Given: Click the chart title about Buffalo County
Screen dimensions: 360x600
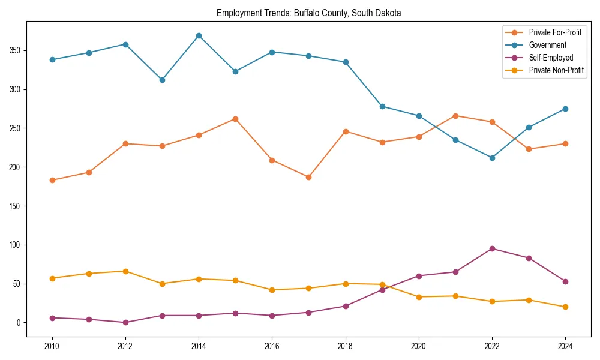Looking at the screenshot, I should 308,13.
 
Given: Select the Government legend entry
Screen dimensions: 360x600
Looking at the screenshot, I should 547,45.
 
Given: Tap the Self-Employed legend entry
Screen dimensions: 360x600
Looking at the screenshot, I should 551,58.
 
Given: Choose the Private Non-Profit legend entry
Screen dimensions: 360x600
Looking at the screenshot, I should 556,70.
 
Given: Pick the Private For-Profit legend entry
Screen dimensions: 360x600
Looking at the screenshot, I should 555,32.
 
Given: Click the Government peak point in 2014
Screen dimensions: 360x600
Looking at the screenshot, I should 199,36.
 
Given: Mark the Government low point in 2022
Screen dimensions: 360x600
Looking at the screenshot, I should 492,158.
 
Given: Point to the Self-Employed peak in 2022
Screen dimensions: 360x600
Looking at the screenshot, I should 492,248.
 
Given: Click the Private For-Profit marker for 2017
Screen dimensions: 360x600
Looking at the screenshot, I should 308,177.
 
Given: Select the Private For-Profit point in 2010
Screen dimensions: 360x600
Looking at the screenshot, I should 52,180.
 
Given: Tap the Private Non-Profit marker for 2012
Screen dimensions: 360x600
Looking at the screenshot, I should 125,271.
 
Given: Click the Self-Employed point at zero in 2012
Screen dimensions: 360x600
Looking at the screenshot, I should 125,322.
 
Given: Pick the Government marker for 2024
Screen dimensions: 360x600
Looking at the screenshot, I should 565,109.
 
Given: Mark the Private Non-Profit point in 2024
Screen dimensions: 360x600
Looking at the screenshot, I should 565,307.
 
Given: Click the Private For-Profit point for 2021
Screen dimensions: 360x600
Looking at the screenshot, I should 455,116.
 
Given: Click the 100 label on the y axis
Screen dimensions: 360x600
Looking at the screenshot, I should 14,245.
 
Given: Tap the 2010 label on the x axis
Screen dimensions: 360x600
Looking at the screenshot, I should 52,346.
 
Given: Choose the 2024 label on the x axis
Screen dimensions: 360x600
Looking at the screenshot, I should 565,346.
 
